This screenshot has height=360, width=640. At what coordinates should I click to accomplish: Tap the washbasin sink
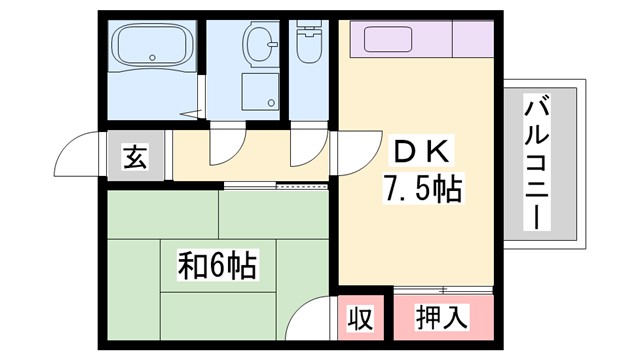click(262, 44)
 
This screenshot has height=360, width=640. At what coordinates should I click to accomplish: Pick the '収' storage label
click(360, 319)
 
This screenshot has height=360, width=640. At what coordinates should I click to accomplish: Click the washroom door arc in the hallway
click(227, 149)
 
